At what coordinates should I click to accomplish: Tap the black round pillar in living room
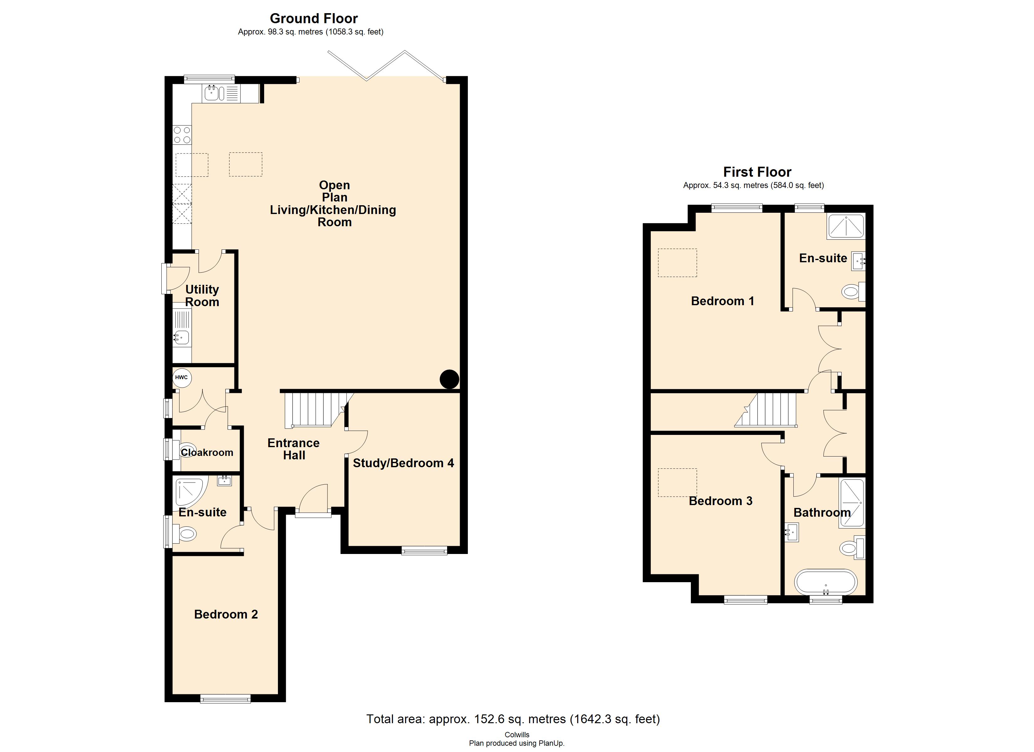point(449,379)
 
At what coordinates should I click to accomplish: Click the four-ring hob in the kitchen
point(182,135)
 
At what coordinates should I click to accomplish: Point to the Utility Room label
point(202,295)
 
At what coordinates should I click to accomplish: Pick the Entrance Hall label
point(294,449)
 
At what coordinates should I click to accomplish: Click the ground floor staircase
point(315,410)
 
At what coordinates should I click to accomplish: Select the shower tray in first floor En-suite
point(846,227)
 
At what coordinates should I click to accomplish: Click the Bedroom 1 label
point(722,301)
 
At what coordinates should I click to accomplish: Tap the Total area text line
point(513,719)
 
